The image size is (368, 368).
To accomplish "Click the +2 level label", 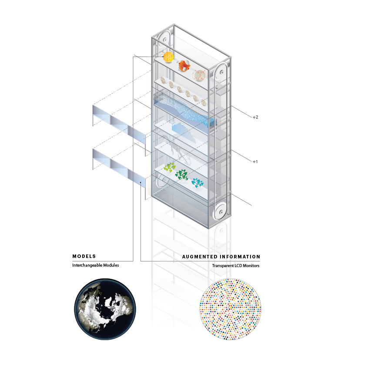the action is (255, 117).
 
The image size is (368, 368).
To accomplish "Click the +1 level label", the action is (255, 161).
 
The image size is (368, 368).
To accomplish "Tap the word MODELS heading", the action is (84, 256).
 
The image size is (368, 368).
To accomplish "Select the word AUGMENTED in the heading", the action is (200, 257).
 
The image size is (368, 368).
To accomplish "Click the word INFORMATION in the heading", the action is (240, 257).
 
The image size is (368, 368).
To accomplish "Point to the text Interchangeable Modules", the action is (96, 265).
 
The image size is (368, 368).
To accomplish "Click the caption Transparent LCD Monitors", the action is (236, 266).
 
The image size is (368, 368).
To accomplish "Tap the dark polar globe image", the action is (105, 309).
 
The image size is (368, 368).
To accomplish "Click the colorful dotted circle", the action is (230, 309).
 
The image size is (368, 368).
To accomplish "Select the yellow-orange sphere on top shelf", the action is (168, 57).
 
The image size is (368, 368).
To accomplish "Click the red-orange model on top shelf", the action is (184, 66).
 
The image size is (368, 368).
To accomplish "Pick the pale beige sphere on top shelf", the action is (200, 75).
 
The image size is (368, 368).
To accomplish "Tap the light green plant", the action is (170, 167).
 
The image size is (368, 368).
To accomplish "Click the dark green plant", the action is (181, 175).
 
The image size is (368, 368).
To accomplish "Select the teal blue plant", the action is (197, 182).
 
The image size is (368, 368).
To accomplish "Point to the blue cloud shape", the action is (183, 131).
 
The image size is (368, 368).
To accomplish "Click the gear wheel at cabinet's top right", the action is (221, 72).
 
